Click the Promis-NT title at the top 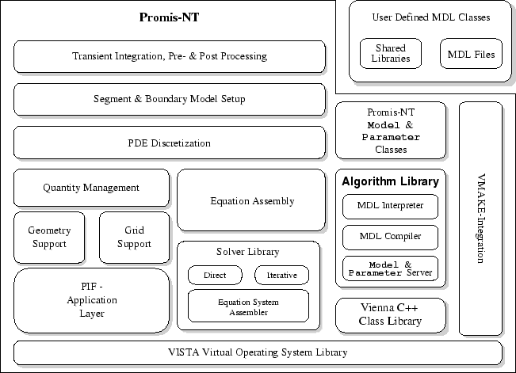tap(170, 17)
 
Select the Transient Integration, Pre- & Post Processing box tap(170, 56)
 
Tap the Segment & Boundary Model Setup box tap(170, 99)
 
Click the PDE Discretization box tap(170, 143)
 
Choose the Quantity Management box tap(91, 188)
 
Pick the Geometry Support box tap(49, 237)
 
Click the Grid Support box tap(134, 237)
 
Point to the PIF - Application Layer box tap(91, 300)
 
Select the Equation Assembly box tap(252, 200)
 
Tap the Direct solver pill tap(214, 276)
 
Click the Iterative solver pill tap(281, 276)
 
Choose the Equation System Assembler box tap(248, 306)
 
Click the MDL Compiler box tap(390, 236)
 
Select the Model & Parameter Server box tap(390, 268)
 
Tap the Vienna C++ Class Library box tap(390, 315)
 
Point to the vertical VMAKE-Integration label tap(480, 218)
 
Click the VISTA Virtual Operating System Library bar tap(258, 352)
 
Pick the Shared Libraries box tap(391, 53)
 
